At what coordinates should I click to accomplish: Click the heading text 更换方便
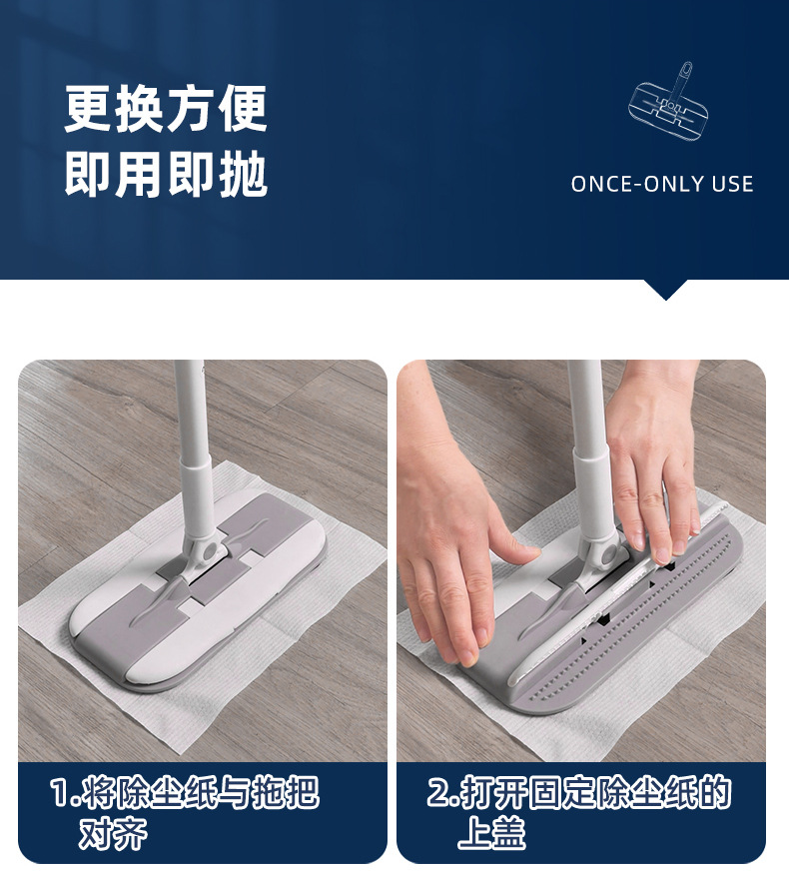click(x=166, y=109)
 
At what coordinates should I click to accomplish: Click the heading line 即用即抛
click(x=166, y=175)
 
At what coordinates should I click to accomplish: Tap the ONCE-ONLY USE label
click(x=661, y=184)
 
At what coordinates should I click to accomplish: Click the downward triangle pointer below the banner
click(x=665, y=289)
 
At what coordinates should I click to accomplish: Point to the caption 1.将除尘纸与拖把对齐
click(x=185, y=812)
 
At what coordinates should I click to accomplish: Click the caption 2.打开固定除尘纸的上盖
click(x=579, y=812)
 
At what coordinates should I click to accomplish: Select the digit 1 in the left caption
click(x=60, y=795)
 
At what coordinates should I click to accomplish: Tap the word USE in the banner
click(x=732, y=184)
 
